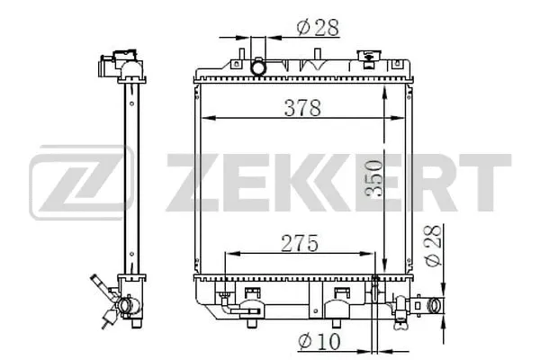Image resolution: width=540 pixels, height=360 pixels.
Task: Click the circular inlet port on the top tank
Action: click(259, 67)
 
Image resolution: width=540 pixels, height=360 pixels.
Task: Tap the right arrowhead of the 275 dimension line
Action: click(373, 252)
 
